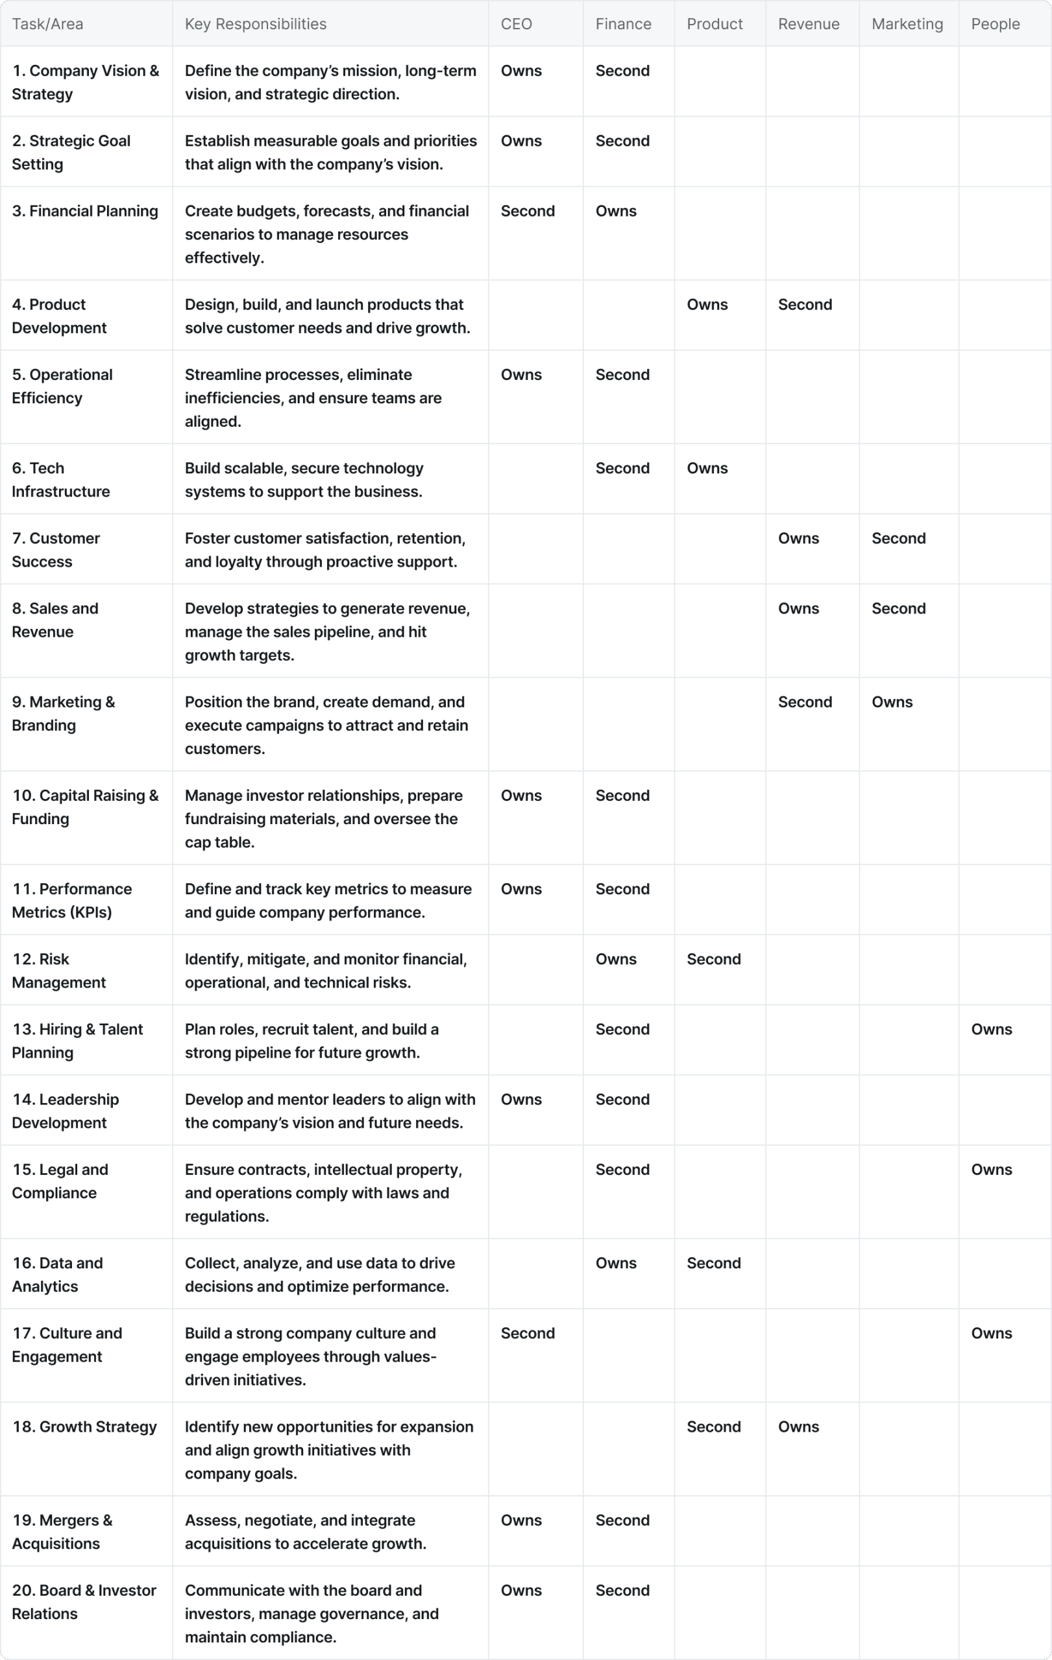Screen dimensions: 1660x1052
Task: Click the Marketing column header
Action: tap(907, 24)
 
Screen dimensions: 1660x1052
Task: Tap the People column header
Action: tap(995, 24)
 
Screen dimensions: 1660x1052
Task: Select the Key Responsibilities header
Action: tap(255, 24)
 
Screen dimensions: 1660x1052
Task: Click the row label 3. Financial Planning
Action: tap(85, 211)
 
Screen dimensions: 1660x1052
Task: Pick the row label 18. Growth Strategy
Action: tap(84, 1427)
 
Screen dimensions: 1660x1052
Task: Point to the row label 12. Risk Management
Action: tap(58, 971)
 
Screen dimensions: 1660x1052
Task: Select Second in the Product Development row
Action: tap(804, 305)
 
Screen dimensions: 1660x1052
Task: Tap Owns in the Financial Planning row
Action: tap(615, 211)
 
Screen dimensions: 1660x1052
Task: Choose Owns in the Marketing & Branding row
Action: tap(891, 702)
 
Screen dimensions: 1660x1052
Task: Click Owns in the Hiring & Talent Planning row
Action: tap(991, 1029)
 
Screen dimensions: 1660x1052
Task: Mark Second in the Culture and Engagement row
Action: tap(527, 1333)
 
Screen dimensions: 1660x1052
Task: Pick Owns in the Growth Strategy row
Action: tap(798, 1427)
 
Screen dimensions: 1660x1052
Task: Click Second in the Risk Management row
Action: tap(713, 959)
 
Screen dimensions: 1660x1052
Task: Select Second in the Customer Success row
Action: tap(898, 538)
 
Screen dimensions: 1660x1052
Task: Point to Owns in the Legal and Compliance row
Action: tap(991, 1169)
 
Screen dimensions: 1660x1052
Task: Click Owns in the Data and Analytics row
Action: tap(615, 1263)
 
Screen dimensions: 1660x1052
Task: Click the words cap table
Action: tap(219, 842)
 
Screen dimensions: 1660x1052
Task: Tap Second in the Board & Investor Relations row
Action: tap(622, 1591)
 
